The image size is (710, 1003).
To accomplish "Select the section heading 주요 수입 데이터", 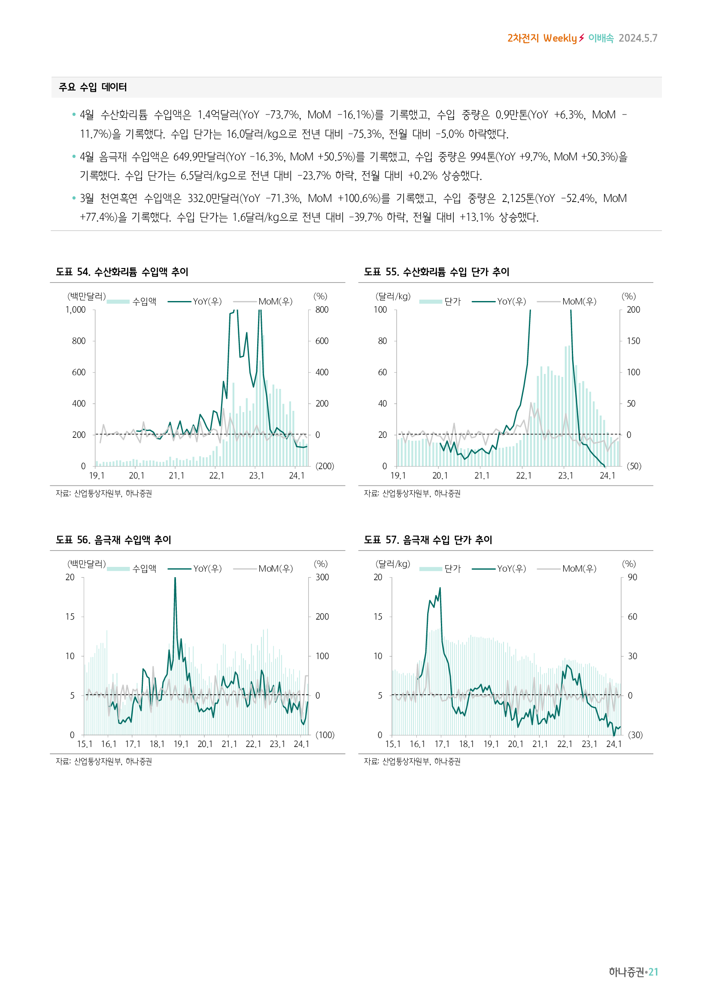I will point(93,87).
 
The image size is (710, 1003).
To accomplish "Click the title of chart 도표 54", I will point(122,272).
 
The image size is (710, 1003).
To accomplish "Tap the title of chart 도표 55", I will point(436,272).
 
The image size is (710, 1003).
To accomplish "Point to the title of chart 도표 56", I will point(113,540).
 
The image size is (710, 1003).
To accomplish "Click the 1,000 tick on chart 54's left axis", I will point(76,310).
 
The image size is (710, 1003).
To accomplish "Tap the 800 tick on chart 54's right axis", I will point(322,310).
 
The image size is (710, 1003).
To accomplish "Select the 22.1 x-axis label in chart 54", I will point(216,476).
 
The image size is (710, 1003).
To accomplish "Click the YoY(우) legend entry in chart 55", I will point(512,301).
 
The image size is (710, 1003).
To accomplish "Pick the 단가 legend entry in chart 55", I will point(452,301).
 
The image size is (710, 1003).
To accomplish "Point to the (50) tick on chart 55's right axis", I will point(634,466).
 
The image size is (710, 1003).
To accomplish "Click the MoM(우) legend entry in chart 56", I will point(276,569).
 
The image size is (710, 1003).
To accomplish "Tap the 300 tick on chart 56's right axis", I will point(322,578).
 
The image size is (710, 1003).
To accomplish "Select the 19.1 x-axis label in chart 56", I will point(181,744).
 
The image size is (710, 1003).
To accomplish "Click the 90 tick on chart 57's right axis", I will point(632,578).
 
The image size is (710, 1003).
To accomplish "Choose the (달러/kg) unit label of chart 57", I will point(393,564).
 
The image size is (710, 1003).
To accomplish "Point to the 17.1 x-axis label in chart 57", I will point(442,744).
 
